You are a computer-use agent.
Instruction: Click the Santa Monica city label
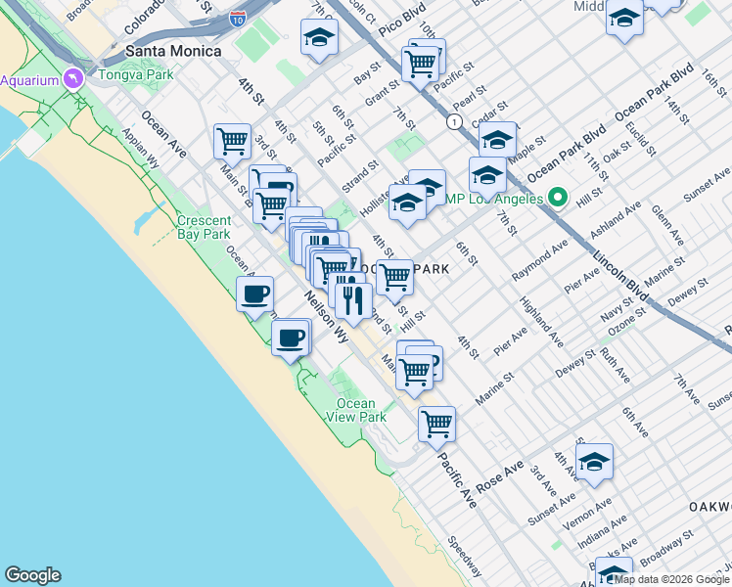pos(172,51)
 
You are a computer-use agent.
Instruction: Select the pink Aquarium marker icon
pos(73,79)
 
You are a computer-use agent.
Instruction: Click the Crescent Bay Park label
pos(204,227)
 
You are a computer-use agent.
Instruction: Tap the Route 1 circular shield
pos(454,121)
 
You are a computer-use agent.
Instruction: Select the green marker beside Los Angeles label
pos(558,199)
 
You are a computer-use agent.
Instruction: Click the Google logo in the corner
pos(32,575)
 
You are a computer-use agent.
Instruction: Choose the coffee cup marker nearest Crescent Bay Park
pos(254,293)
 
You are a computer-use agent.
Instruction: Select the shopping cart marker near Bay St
pos(421,62)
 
